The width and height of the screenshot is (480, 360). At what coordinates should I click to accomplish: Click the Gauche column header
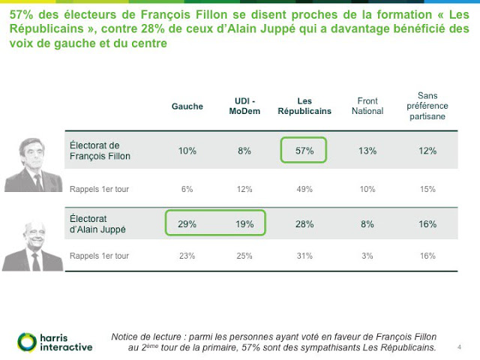point(187,106)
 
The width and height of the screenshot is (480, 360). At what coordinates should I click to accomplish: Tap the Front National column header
point(367,106)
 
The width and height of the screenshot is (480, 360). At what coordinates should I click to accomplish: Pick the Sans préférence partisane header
point(427,106)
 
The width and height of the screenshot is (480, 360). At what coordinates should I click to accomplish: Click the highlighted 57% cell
point(304,151)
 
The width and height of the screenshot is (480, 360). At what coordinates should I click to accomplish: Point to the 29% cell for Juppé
point(187,223)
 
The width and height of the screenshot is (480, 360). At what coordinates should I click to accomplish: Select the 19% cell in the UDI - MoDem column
point(244,223)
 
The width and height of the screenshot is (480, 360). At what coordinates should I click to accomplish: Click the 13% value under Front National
point(367,151)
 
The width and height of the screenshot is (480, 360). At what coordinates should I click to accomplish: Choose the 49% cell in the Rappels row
point(304,189)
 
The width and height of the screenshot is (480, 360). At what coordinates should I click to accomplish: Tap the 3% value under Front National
point(367,256)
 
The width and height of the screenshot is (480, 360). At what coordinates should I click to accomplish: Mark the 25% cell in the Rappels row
point(244,256)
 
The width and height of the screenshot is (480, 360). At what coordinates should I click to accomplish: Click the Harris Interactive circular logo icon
point(27,342)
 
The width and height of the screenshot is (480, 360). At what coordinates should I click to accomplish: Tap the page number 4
point(459,347)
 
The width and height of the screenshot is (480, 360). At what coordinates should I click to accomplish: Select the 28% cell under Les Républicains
point(304,223)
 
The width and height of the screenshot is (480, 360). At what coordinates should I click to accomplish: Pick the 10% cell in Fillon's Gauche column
point(187,151)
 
